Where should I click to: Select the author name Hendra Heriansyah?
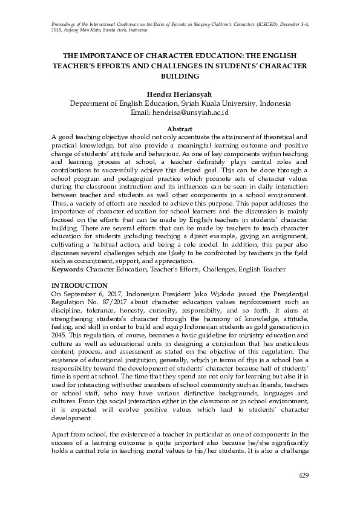(x=180, y=94)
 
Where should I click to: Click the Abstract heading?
(x=180, y=129)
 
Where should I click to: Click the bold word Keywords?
(x=67, y=268)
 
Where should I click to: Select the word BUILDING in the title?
(x=180, y=77)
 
